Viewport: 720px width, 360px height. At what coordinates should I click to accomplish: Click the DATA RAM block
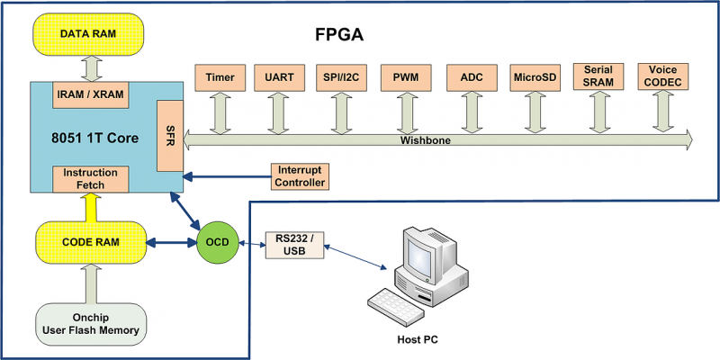coord(88,33)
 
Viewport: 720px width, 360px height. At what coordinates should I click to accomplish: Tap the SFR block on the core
coord(169,136)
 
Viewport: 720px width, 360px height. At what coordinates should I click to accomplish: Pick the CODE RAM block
coord(88,243)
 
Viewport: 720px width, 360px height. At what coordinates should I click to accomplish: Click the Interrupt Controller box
coord(299,176)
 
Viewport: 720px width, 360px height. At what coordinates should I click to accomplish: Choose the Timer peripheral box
coord(220,76)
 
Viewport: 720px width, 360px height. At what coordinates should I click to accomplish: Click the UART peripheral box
coord(275,76)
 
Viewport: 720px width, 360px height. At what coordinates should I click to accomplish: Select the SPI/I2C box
coord(338,76)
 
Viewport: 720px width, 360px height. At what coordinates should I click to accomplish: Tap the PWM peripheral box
coord(402,76)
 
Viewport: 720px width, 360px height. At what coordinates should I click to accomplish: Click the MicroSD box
coord(534,76)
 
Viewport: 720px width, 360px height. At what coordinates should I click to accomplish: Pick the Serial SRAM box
coord(598,76)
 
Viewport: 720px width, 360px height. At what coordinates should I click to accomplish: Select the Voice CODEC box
coord(662,76)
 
